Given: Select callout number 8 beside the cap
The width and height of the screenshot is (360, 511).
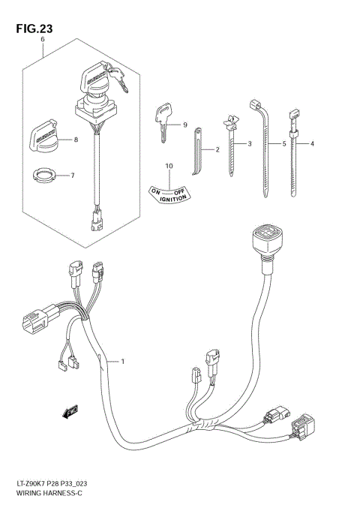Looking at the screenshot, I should click(75, 140).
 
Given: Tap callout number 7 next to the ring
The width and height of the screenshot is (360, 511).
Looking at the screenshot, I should click(72, 176).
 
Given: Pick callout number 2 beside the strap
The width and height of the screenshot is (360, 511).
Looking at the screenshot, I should click(217, 150).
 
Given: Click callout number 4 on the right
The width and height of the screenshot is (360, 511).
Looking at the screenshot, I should click(311, 143).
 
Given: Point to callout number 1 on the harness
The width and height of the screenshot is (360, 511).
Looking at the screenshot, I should click(122, 362).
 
